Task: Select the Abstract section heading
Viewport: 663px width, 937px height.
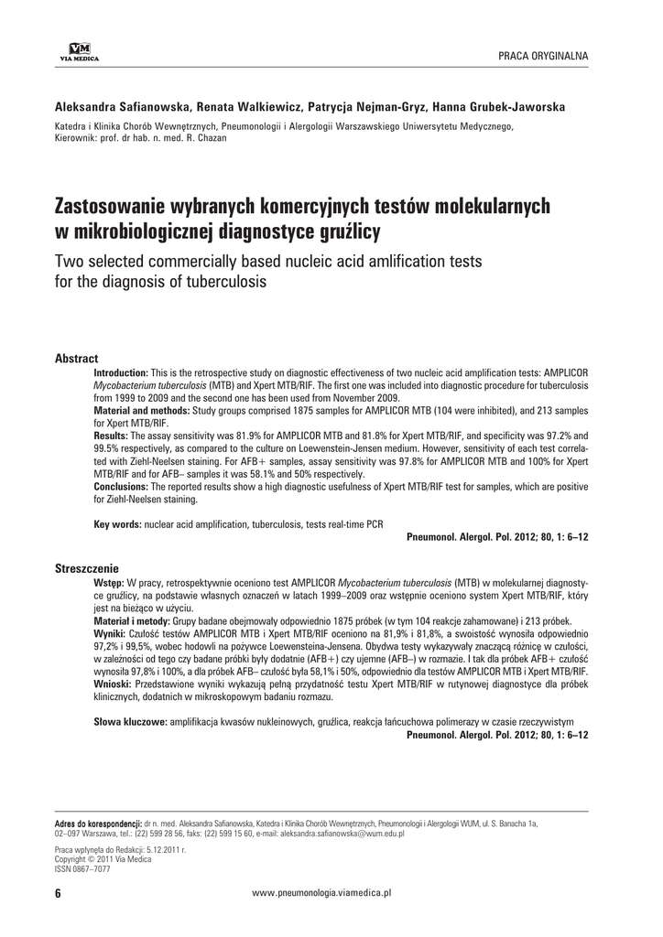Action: coord(77,358)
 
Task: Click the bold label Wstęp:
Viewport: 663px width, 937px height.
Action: coord(110,582)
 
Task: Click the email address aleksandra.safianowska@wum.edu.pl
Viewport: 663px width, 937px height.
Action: coord(346,835)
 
